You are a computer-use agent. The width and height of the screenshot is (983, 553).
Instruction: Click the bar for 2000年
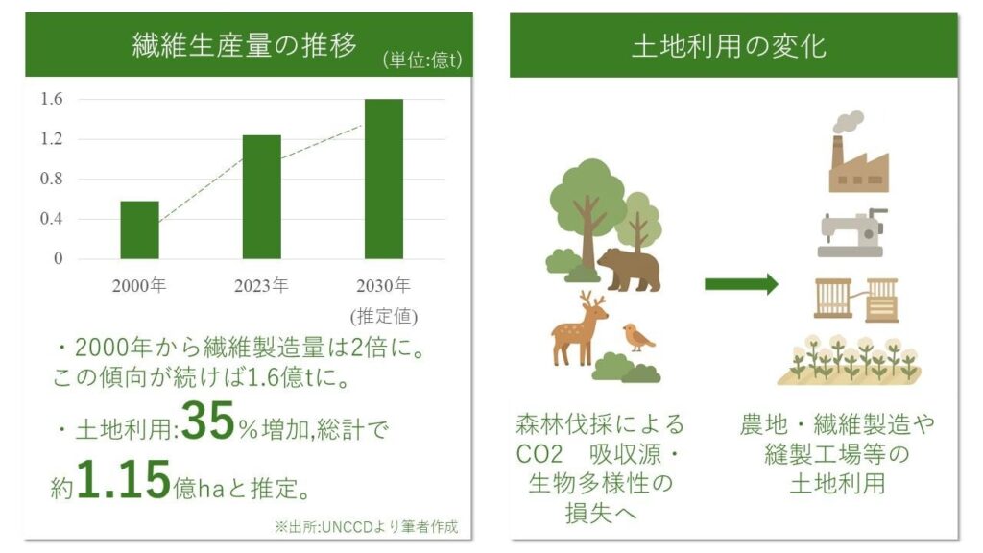coord(140,230)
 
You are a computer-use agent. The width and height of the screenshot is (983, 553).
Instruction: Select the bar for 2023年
coord(262,197)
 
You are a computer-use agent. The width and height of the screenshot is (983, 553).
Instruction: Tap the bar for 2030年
coord(384,179)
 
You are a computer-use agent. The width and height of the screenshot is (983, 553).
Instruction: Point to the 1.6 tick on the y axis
coord(52,99)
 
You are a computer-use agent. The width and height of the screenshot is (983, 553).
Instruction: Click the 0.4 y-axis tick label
coord(52,219)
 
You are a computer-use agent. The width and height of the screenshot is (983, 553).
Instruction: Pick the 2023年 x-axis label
coord(261,286)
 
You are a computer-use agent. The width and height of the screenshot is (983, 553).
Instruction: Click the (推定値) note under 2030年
coord(384,315)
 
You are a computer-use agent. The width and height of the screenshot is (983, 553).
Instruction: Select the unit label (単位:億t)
coord(422,60)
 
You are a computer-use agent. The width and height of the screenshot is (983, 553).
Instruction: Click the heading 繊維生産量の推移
coord(245,44)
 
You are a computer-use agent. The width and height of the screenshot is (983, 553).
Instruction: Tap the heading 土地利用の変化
coord(730,46)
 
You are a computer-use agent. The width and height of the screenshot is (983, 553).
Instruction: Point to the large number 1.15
coord(124,480)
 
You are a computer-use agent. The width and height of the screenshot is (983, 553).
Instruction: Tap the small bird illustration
coord(638,338)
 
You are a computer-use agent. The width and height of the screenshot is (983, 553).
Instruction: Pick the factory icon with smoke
coord(858,152)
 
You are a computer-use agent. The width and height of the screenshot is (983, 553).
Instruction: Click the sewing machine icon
coord(852,233)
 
